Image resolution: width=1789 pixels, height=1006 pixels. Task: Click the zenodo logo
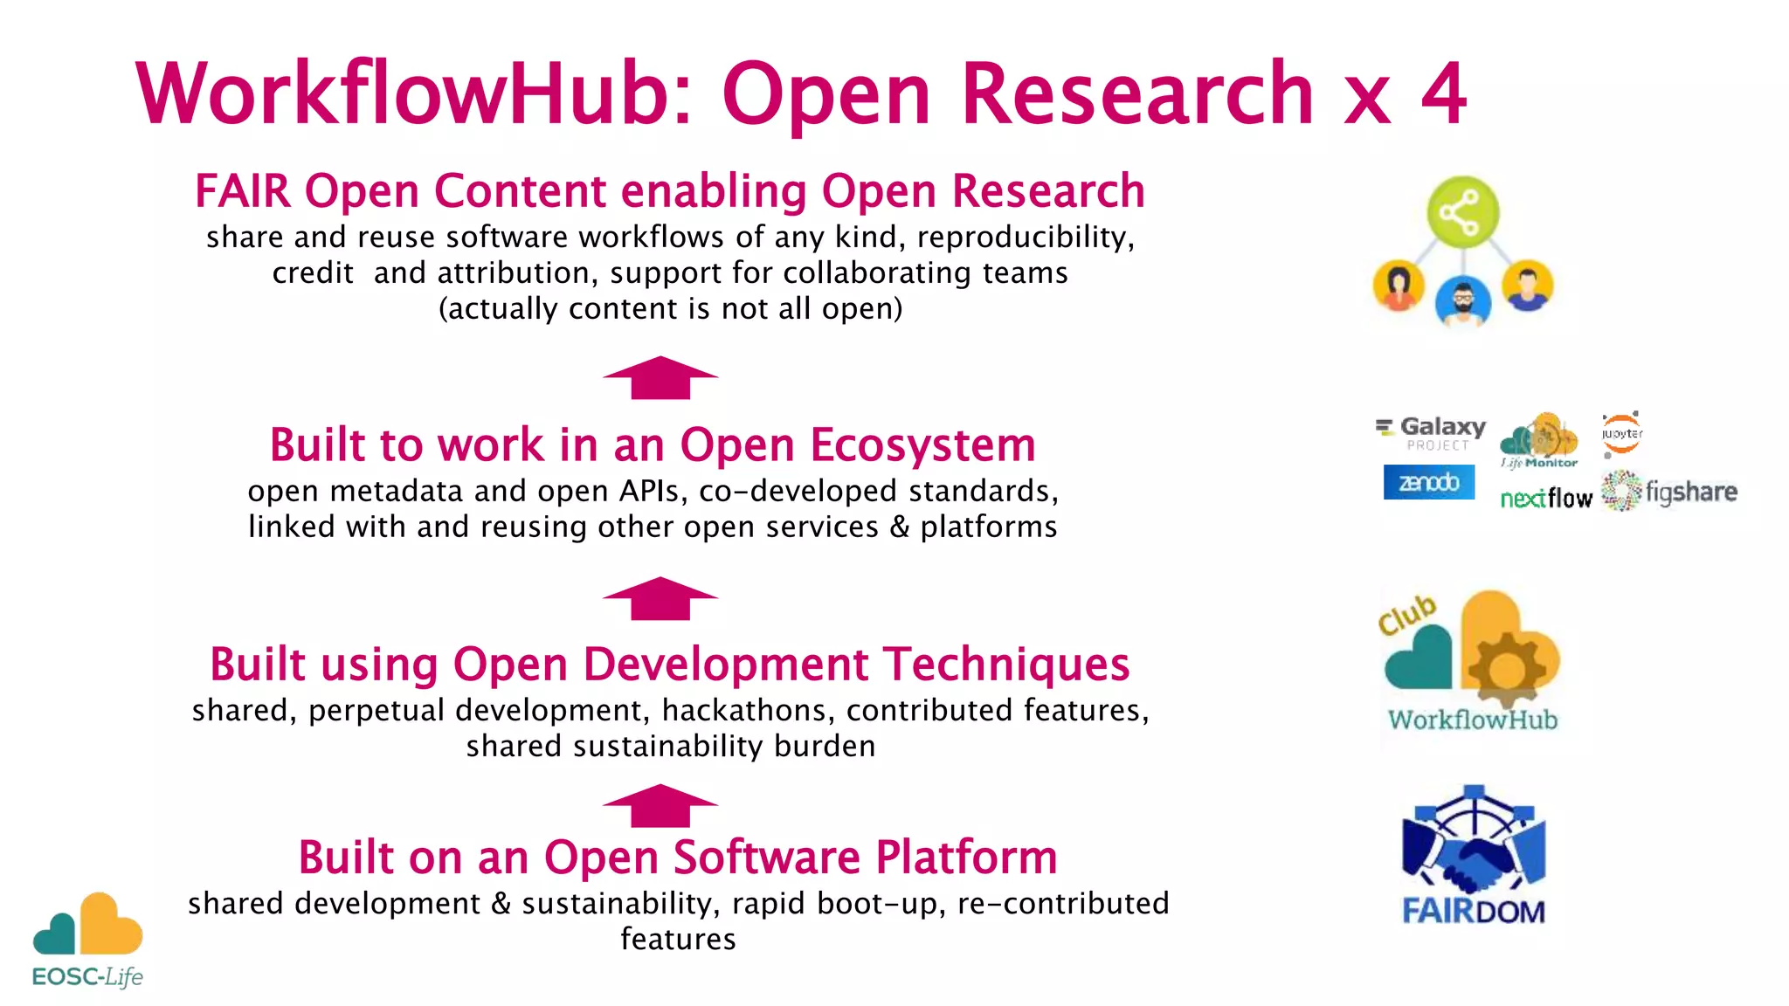(1428, 482)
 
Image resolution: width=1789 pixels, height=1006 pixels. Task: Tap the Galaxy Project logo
(1432, 432)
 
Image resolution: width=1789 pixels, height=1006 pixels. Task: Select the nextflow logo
(1546, 498)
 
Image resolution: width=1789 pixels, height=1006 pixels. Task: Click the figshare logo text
(1691, 493)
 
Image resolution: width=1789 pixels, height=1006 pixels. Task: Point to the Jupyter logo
(1621, 434)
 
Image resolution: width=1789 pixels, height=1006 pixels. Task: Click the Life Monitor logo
(1539, 441)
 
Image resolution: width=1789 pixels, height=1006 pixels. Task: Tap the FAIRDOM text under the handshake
(1473, 911)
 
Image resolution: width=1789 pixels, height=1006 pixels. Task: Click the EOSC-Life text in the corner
(87, 976)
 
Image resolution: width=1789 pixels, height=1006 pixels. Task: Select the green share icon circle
(1462, 212)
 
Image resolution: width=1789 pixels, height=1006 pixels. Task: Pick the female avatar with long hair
(1399, 286)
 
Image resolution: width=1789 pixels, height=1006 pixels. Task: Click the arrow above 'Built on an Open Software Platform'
(660, 805)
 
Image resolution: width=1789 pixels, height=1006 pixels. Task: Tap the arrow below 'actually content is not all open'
(660, 377)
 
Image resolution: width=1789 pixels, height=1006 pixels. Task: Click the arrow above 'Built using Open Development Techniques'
(660, 598)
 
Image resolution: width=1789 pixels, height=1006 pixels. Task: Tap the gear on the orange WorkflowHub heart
(1505, 670)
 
